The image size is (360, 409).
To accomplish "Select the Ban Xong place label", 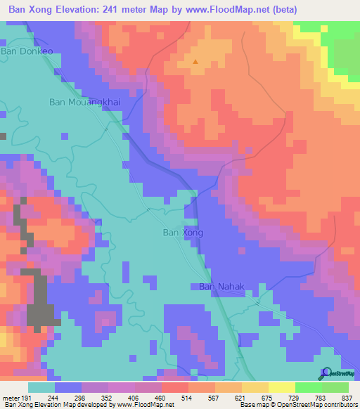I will point(183,233).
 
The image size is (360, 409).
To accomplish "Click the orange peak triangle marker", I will point(195,62).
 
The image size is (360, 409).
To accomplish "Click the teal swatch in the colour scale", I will point(41,387).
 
